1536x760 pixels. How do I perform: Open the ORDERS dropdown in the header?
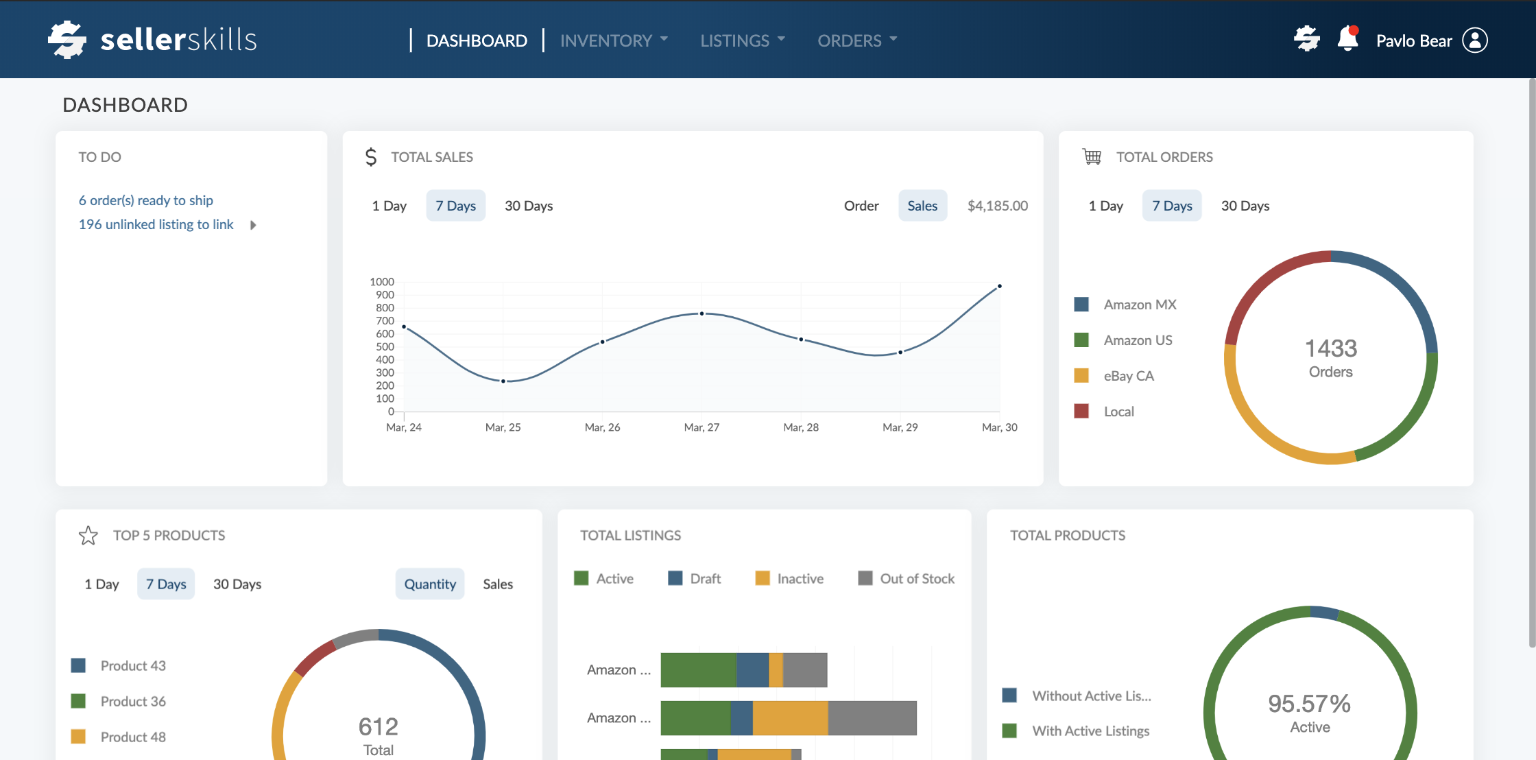856,40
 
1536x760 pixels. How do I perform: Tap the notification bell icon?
1347,39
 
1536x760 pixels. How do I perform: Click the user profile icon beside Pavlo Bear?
1475,40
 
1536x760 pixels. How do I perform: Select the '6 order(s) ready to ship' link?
145,200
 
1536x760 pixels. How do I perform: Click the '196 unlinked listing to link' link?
156,224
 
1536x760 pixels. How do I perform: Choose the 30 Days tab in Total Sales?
529,206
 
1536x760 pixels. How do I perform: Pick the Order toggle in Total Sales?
861,206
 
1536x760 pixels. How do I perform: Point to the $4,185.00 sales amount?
998,206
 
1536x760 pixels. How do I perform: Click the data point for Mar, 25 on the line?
503,381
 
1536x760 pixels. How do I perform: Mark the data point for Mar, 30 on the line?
1000,286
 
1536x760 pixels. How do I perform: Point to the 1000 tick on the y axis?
382,282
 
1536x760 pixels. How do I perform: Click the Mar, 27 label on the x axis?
701,427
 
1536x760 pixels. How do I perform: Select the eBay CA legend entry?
1128,376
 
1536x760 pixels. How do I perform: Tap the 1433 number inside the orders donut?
1330,348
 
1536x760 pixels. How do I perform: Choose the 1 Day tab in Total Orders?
1105,206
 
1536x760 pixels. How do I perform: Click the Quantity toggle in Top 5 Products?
430,584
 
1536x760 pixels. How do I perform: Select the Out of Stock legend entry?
916,578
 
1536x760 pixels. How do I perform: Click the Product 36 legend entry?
132,701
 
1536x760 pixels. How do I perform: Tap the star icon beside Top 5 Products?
88,535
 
